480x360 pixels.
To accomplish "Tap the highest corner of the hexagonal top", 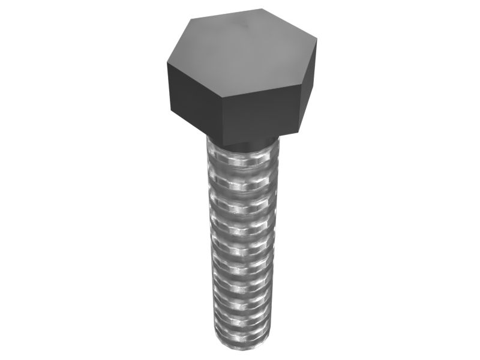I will click(262, 8).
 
